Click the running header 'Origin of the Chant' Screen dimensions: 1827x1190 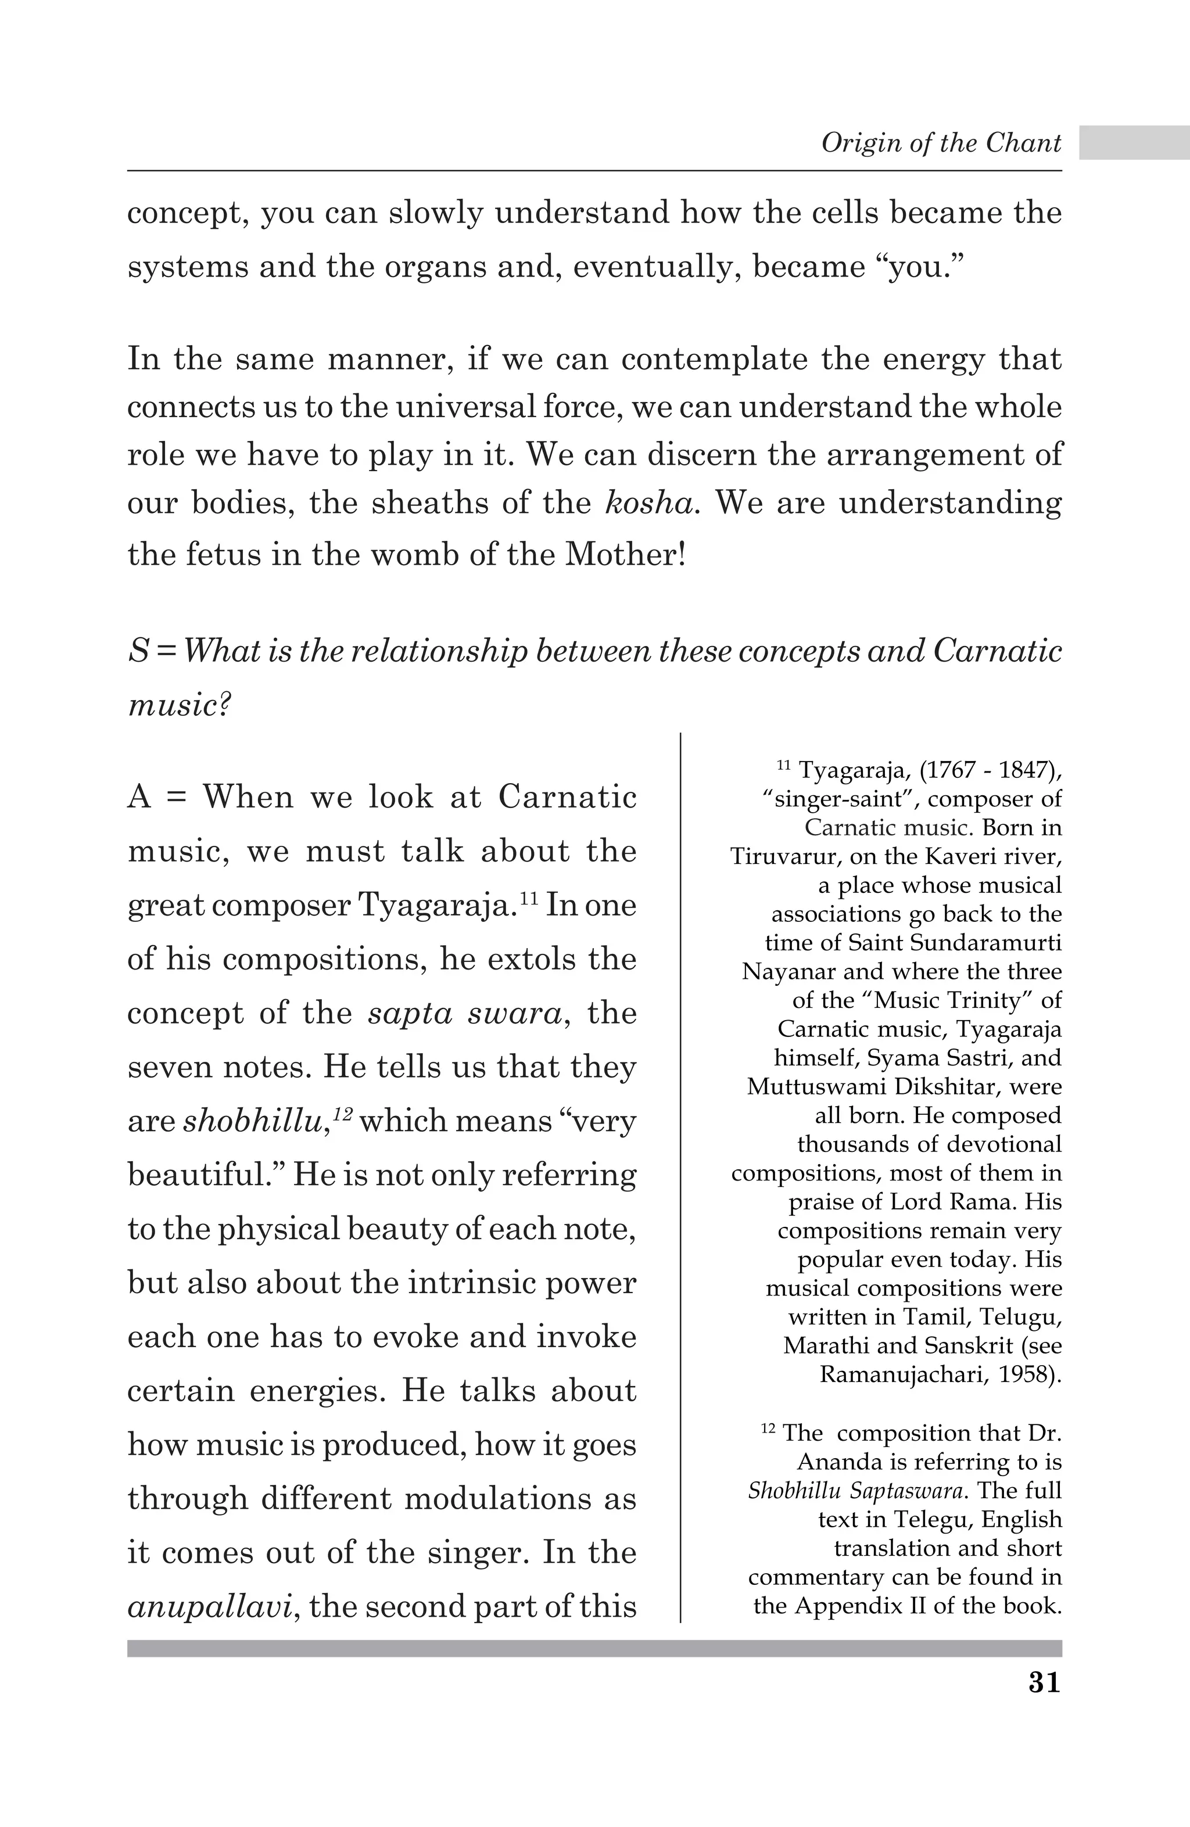click(941, 143)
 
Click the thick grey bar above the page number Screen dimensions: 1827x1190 click(594, 1648)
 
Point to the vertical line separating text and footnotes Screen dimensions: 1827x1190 click(680, 1175)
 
